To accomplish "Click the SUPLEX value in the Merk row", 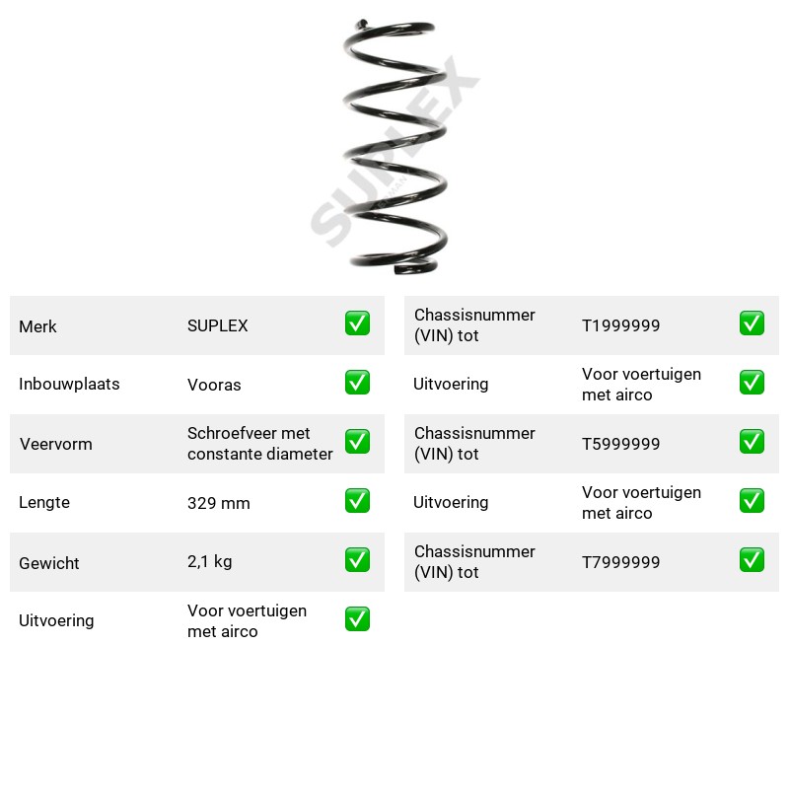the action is (217, 325).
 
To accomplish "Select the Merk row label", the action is (37, 326).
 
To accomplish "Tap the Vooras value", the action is (214, 385).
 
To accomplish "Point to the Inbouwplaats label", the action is (69, 384).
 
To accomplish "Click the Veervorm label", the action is (56, 444).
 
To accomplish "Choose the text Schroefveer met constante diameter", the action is (259, 443).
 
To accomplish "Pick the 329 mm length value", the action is (218, 503).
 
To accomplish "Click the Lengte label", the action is (44, 502).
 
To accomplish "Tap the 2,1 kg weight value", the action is (209, 561).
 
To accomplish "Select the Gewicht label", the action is (48, 563).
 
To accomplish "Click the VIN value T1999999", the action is (620, 325).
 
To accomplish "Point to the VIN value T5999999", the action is (620, 444).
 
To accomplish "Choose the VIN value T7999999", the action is (620, 562).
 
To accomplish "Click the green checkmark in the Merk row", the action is (357, 323).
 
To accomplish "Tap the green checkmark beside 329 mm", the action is (357, 501).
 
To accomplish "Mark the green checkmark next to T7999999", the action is (752, 560).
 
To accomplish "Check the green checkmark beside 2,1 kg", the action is (357, 560).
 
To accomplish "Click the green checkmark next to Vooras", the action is (357, 383).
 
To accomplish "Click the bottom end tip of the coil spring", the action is (397, 270).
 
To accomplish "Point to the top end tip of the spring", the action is (361, 23).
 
